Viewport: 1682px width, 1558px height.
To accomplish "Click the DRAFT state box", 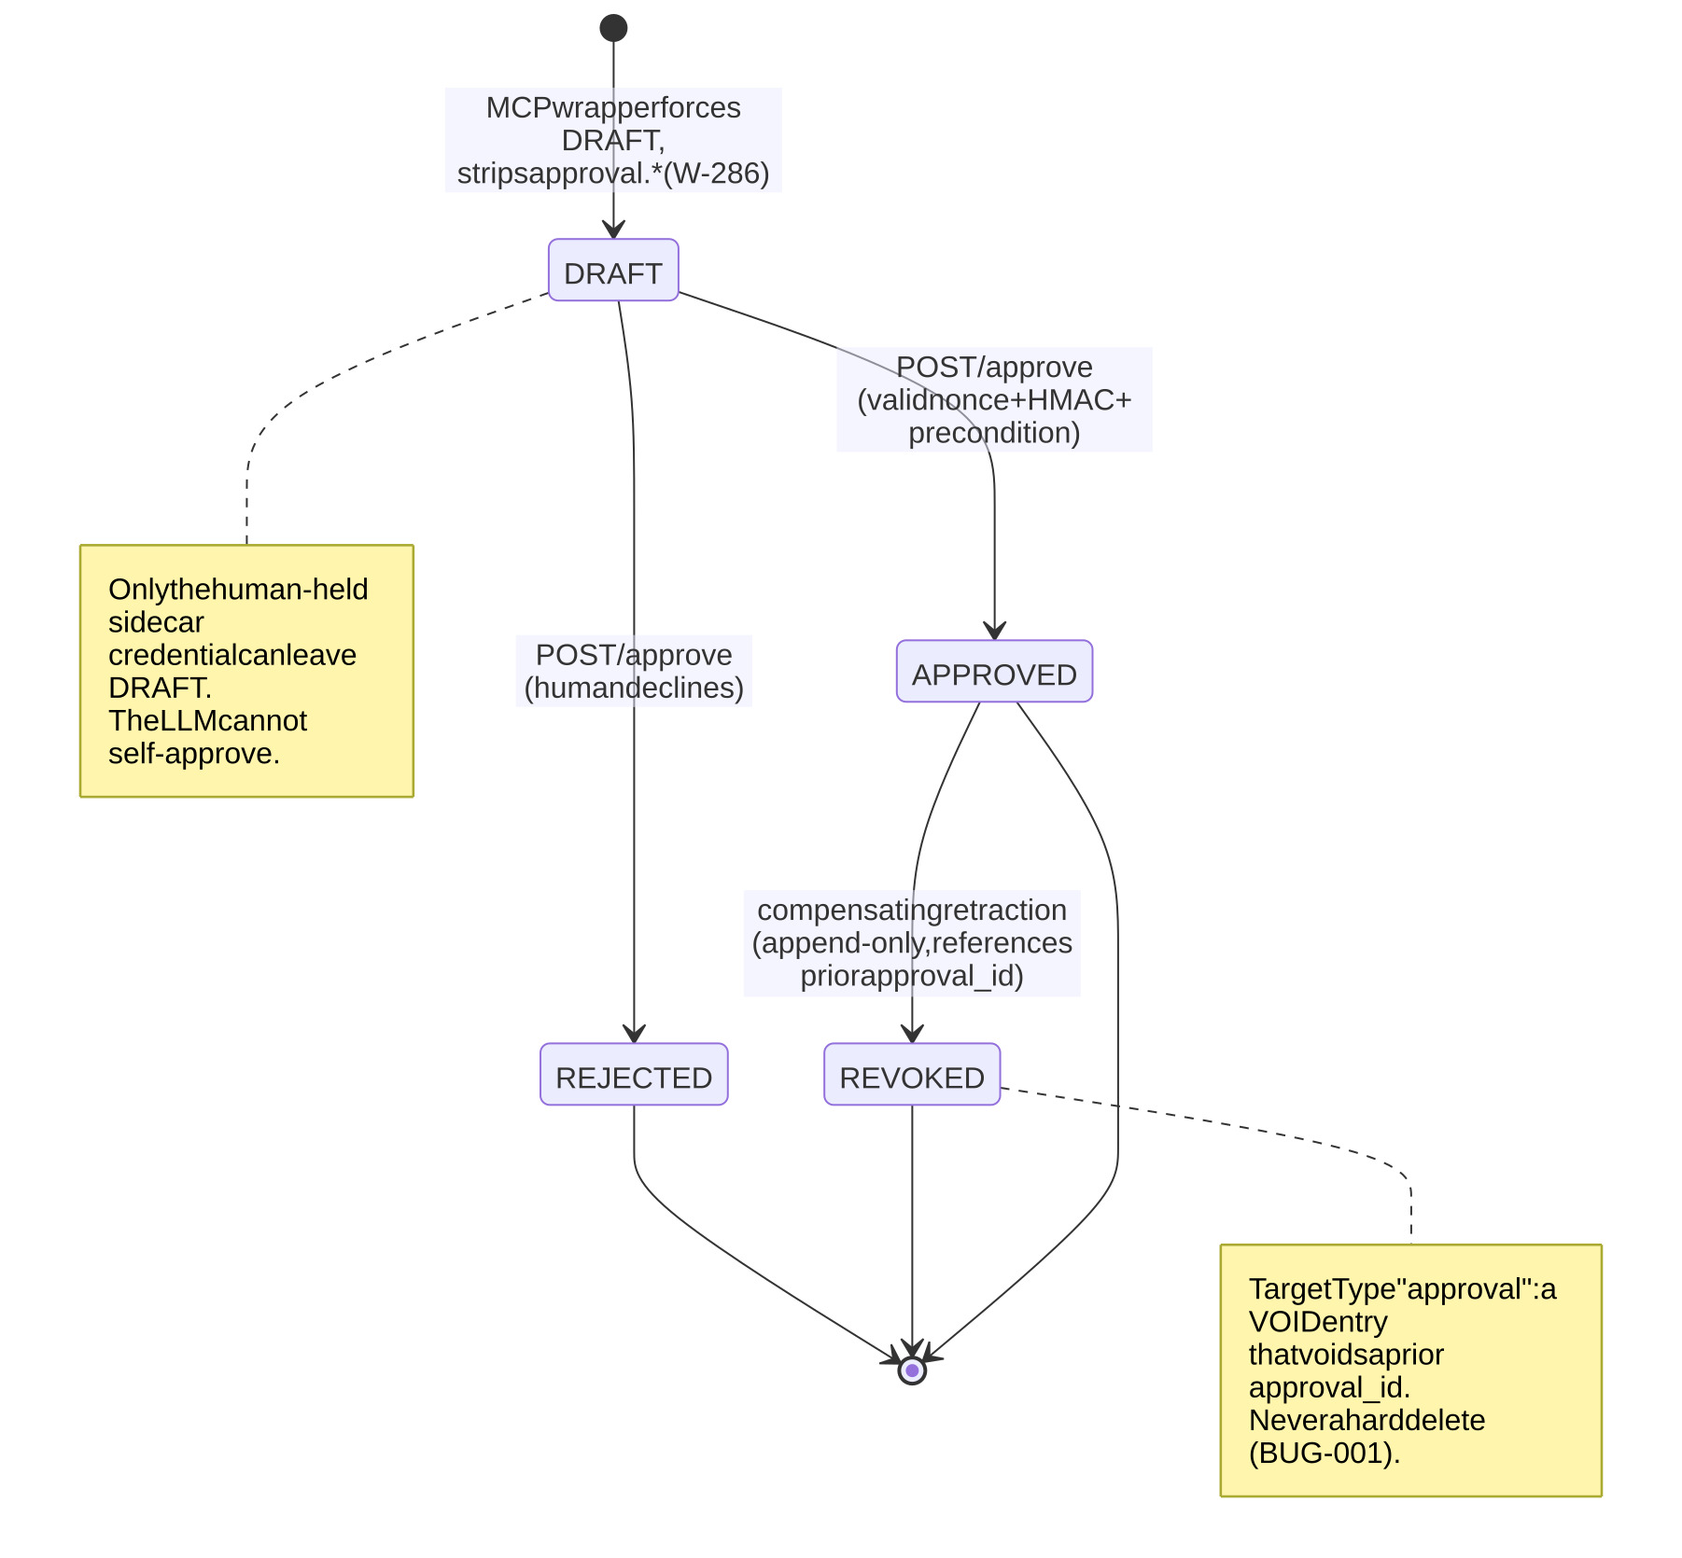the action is click(613, 270).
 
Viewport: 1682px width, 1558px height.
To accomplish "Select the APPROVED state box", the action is click(994, 671).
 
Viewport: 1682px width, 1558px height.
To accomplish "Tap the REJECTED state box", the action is click(634, 1075).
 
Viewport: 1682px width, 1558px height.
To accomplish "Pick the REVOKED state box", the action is click(912, 1075).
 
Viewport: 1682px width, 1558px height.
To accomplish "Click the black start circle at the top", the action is click(613, 28).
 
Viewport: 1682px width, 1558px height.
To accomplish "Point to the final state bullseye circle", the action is click(912, 1370).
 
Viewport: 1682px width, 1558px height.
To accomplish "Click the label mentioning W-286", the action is click(613, 140).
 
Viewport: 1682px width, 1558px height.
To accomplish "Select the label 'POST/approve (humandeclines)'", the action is click(634, 671).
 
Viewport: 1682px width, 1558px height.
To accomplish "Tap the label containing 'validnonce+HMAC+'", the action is click(994, 399).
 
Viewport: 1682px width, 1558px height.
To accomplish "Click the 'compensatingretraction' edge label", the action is click(912, 942).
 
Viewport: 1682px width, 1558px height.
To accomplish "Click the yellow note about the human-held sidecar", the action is click(246, 671).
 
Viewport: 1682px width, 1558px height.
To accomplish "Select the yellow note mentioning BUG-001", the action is click(1410, 1370).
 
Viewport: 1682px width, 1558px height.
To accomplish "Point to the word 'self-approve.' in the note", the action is click(194, 754).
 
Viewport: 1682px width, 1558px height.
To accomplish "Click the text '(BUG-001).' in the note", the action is click(1325, 1454).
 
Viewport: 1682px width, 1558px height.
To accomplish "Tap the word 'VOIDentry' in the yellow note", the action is click(1318, 1322).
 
